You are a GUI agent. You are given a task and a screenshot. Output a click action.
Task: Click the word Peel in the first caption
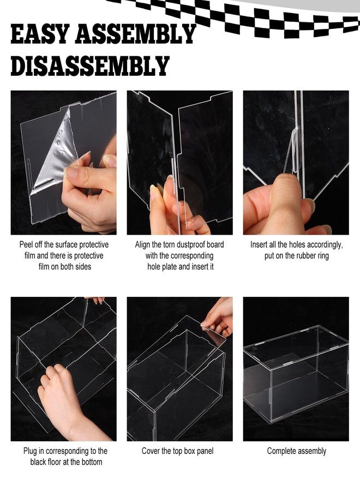pyautogui.click(x=26, y=245)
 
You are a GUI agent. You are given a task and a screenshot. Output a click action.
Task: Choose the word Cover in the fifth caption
pyautogui.click(x=151, y=451)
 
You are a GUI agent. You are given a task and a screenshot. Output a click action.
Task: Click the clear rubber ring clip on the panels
pyautogui.click(x=293, y=151)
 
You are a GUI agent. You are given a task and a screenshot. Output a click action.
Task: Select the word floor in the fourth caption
pyautogui.click(x=53, y=462)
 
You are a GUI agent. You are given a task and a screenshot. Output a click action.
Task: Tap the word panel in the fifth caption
pyautogui.click(x=205, y=452)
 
